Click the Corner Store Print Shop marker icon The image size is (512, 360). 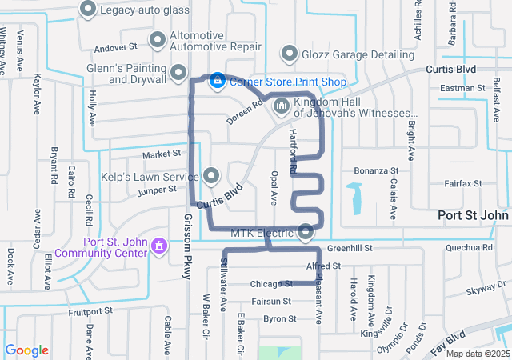(x=216, y=81)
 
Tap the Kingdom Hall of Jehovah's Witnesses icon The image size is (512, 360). (x=281, y=106)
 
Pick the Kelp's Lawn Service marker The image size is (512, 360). (x=211, y=174)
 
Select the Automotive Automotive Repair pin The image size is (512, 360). (x=158, y=38)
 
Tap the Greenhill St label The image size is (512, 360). (x=350, y=249)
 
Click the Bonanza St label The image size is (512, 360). (x=376, y=170)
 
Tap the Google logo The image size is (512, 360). (x=27, y=350)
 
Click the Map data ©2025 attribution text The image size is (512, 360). (x=477, y=354)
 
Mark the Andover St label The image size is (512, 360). (x=117, y=47)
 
